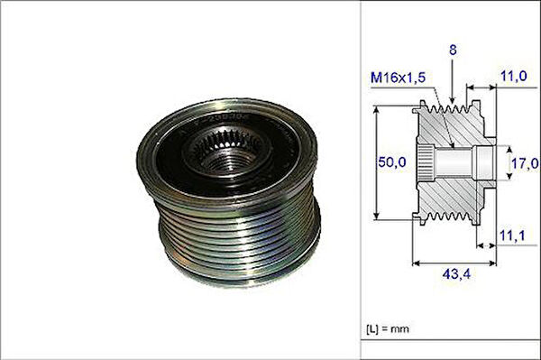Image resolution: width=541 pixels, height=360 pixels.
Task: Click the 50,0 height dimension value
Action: tap(392, 162)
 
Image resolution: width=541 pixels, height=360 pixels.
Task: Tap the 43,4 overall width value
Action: tap(456, 274)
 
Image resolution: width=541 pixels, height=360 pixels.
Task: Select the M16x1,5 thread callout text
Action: tap(399, 78)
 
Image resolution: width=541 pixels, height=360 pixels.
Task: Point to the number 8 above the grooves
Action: tap(453, 51)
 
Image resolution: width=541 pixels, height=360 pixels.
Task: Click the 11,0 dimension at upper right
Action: tap(514, 76)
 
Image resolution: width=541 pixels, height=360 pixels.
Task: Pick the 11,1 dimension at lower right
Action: tap(512, 235)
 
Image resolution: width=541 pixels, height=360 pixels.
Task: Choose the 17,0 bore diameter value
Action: tap(525, 163)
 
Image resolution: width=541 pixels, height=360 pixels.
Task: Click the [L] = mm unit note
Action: tap(388, 328)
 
